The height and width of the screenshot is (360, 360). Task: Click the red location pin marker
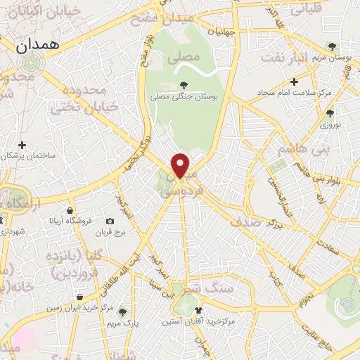(x=181, y=165)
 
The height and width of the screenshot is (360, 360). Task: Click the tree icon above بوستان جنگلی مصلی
(x=184, y=85)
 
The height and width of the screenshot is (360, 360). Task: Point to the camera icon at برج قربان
(x=110, y=221)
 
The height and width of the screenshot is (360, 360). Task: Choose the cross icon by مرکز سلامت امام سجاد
(x=295, y=82)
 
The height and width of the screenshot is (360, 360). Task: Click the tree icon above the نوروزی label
(x=330, y=112)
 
